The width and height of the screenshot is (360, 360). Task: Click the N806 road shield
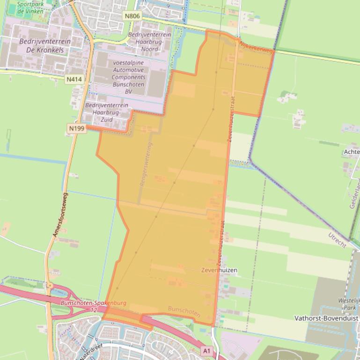pos(132,16)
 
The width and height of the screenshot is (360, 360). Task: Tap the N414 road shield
pos(74,79)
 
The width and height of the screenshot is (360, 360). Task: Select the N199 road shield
pos(77,128)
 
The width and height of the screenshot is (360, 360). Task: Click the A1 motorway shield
pos(206,350)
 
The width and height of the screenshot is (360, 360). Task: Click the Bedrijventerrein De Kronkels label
pos(45,45)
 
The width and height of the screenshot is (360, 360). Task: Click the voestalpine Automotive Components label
pos(129,77)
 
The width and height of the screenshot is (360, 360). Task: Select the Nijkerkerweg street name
pos(256,47)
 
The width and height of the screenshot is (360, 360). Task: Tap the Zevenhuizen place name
pos(219,270)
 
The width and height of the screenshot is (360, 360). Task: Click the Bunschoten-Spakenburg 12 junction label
pos(94,306)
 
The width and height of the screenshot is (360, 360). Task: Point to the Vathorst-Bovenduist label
pos(326,318)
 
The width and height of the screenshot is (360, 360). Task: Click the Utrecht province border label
pos(337,240)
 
